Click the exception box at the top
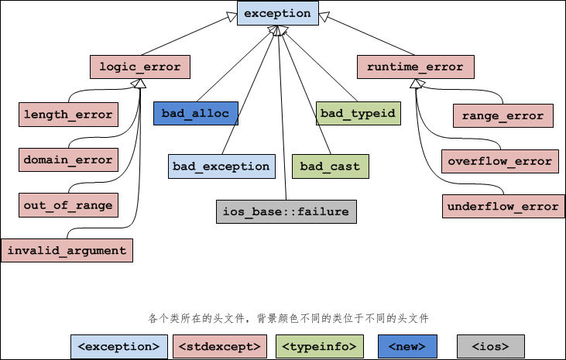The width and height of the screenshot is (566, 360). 277,14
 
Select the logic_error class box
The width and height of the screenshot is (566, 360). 140,67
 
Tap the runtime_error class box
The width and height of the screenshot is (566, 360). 415,67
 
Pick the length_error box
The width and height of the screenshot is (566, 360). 68,115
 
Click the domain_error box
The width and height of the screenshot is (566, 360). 68,160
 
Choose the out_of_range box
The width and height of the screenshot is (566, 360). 68,205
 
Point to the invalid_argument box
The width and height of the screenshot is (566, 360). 67,251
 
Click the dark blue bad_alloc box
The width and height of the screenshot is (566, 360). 195,114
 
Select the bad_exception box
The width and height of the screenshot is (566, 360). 221,166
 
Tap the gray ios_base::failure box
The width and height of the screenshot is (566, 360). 286,211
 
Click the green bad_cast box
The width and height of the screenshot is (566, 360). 330,166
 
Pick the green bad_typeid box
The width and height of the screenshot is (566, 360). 358,114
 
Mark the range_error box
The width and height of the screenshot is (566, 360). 503,116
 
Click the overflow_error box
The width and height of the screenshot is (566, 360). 500,162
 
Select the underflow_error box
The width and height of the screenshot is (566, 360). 502,207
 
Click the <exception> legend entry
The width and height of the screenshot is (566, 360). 118,346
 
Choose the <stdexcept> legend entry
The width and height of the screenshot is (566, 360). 220,346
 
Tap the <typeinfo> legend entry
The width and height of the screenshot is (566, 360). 319,346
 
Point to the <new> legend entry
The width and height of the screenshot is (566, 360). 407,346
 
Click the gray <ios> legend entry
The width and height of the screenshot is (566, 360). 491,346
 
